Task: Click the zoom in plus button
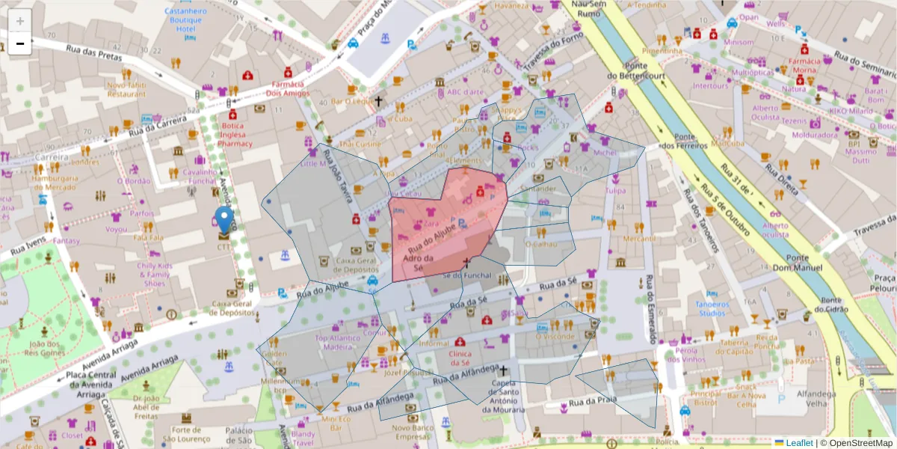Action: click(20, 21)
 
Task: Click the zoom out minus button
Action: click(20, 43)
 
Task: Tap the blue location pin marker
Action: click(224, 220)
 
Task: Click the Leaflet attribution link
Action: click(799, 443)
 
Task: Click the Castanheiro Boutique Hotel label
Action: click(185, 20)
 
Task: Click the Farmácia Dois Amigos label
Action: click(292, 89)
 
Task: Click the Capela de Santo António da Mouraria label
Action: click(504, 397)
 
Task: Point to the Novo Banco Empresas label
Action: click(412, 431)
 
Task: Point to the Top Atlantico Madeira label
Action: click(343, 342)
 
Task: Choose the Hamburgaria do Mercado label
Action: click(55, 183)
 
